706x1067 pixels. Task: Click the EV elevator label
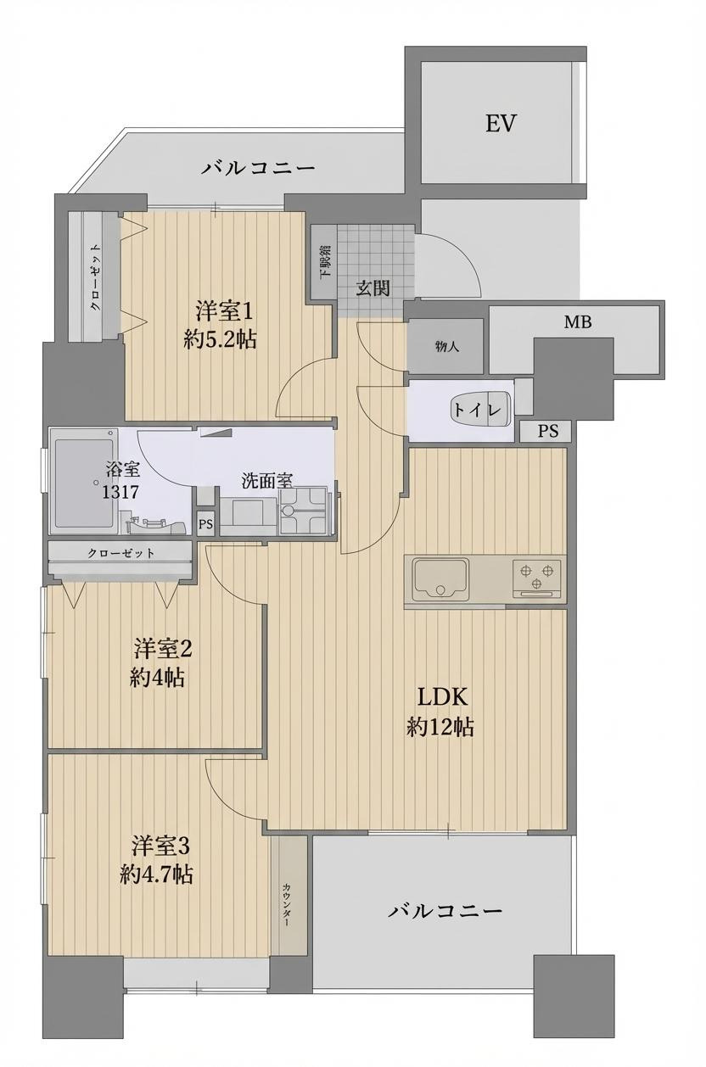[501, 124]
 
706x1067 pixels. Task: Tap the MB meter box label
[578, 322]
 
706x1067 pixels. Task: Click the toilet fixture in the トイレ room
[480, 409]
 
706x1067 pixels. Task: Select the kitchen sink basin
[440, 579]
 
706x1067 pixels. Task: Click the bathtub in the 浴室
[82, 479]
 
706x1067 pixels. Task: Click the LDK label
[441, 697]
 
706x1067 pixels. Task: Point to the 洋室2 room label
[163, 649]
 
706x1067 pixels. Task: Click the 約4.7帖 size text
[156, 874]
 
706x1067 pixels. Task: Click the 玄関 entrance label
[373, 288]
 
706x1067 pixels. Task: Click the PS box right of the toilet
[548, 431]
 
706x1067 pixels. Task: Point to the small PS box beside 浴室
[205, 524]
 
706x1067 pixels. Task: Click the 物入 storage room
[446, 346]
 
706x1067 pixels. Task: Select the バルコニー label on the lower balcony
[445, 912]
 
